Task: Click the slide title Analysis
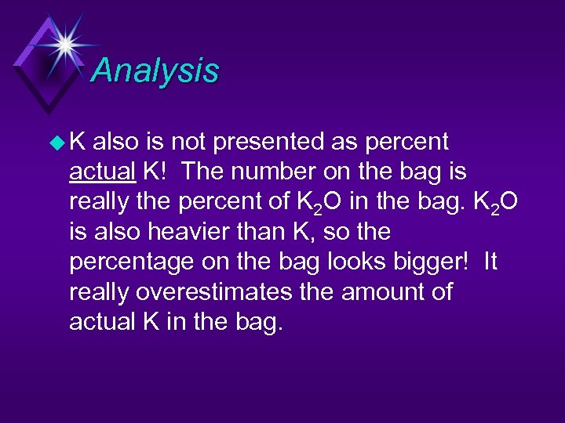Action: point(155,70)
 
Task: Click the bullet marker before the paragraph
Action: point(54,143)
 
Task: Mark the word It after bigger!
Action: point(490,262)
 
